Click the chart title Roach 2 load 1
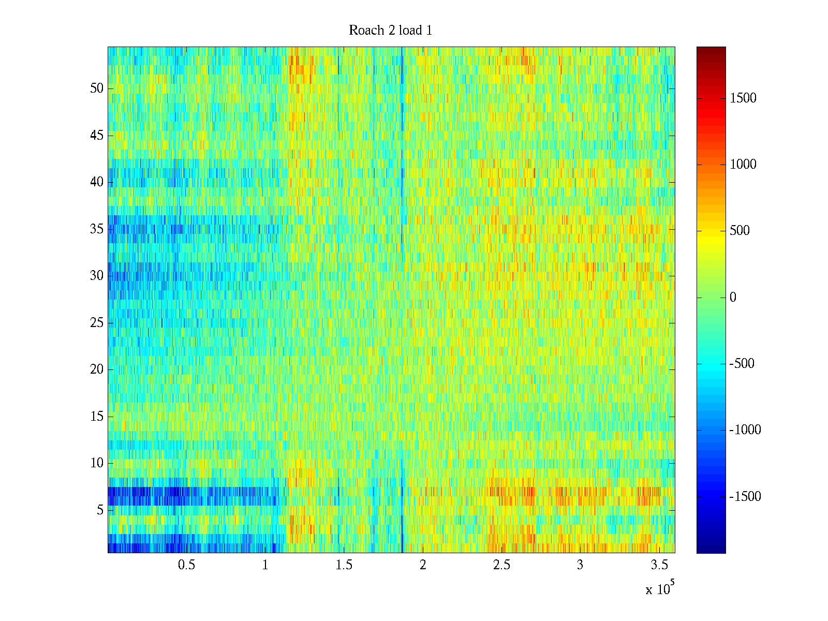click(390, 31)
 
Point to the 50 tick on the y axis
click(97, 88)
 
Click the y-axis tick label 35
click(97, 229)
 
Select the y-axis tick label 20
click(97, 369)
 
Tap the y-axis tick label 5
click(100, 510)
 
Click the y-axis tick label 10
click(97, 463)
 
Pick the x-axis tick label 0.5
click(186, 565)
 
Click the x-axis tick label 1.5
click(344, 565)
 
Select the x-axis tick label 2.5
click(501, 565)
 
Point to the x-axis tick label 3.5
click(659, 565)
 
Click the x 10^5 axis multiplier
click(659, 588)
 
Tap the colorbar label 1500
click(743, 98)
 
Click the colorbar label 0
click(733, 298)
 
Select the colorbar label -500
click(742, 364)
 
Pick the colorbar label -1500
click(745, 497)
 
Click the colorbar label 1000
click(743, 165)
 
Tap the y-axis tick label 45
click(97, 136)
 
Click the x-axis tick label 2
click(423, 565)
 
